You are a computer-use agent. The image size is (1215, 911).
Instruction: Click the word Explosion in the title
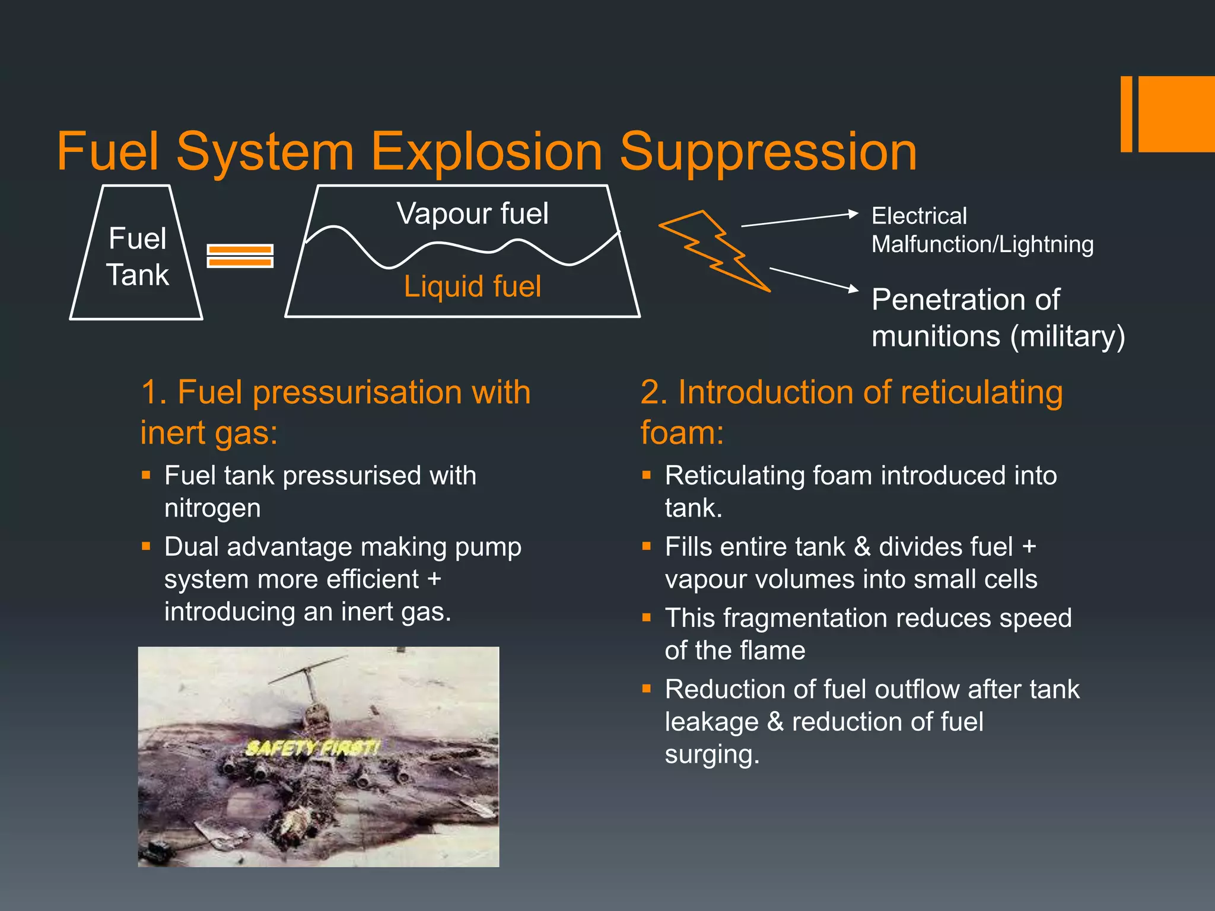click(x=486, y=152)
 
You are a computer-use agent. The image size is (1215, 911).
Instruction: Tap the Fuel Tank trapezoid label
click(x=137, y=256)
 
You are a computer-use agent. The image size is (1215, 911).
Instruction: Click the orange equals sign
click(x=240, y=256)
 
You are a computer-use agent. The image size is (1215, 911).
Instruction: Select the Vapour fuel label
click(x=472, y=214)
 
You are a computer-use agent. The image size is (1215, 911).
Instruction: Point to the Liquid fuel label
click(x=472, y=286)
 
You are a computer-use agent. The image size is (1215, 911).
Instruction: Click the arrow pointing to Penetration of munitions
click(x=813, y=279)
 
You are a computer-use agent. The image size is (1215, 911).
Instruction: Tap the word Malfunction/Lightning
click(x=982, y=244)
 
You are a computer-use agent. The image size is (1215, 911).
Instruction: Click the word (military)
click(x=1067, y=336)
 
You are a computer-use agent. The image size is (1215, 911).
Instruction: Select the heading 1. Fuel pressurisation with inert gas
click(x=335, y=412)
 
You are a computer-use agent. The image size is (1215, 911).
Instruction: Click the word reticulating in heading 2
click(x=981, y=393)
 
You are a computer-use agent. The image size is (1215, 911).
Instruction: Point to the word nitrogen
click(x=212, y=508)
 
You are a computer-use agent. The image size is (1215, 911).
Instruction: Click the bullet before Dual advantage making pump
click(x=146, y=546)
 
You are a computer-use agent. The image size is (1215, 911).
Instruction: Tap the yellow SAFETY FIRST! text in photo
click(x=312, y=748)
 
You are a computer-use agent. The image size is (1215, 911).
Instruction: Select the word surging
click(x=711, y=754)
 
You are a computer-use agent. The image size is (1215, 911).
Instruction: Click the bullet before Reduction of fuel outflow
click(x=647, y=689)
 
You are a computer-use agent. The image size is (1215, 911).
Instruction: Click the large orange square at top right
click(x=1176, y=114)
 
